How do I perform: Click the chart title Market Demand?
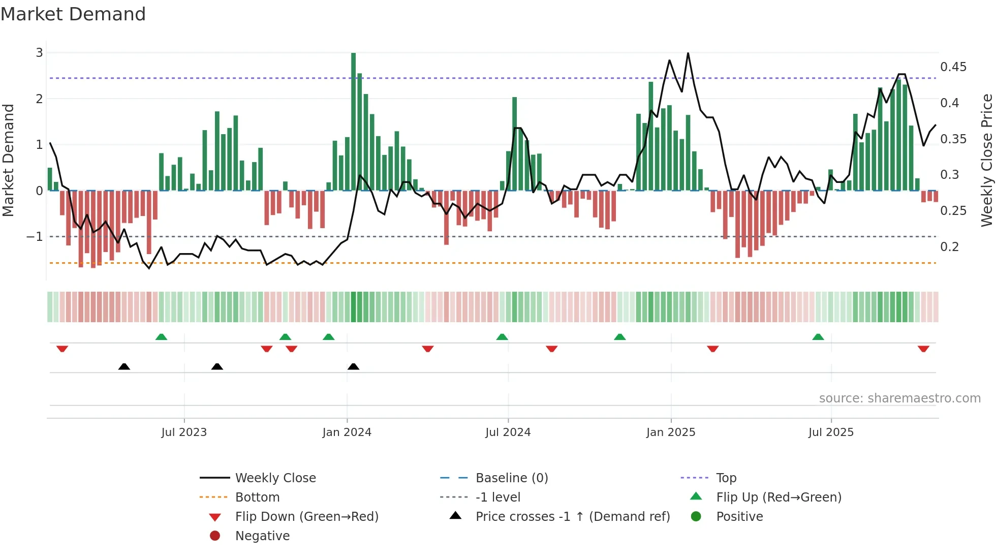(x=73, y=14)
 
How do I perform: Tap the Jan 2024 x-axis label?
(x=347, y=432)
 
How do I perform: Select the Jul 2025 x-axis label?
(x=831, y=432)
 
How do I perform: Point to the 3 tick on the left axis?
(x=39, y=53)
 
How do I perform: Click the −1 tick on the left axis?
(x=35, y=237)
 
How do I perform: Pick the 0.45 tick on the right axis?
(x=953, y=67)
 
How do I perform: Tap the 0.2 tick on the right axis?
(x=949, y=247)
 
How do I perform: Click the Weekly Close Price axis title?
(x=986, y=160)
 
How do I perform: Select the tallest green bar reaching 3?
(x=353, y=122)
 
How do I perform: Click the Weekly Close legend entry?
(x=275, y=478)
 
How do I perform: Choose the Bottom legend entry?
(x=257, y=497)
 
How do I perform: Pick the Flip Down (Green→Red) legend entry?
(x=306, y=517)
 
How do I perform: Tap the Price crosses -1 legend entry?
(x=572, y=517)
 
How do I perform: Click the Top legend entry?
(x=726, y=478)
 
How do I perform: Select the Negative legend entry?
(x=262, y=536)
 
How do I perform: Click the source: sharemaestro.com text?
(x=899, y=398)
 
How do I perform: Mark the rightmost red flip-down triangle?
(x=923, y=349)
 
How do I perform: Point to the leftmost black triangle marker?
(x=124, y=366)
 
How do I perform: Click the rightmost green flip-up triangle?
(x=818, y=337)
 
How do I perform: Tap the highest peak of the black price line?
(x=688, y=53)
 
